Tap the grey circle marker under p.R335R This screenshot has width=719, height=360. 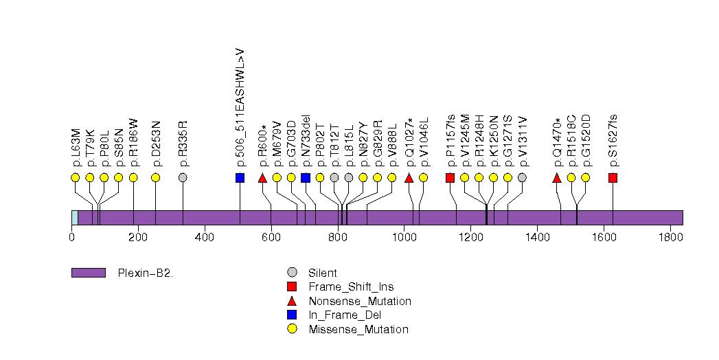183,177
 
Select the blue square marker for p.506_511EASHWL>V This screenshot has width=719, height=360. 240,178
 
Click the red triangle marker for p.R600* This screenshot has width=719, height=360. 262,178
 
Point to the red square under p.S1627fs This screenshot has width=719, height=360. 613,178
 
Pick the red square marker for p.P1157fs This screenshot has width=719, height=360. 450,178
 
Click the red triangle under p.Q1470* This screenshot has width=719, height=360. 557,178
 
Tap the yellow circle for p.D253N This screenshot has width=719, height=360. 155,177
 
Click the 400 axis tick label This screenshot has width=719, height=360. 205,238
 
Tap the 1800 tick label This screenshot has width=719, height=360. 670,238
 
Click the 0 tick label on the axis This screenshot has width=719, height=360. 71,238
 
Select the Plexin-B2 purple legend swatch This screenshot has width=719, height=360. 88,273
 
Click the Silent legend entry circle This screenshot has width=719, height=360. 292,273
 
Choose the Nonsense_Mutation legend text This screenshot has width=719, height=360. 360,301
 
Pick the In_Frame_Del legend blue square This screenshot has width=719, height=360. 292,315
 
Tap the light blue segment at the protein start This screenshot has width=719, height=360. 74,217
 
